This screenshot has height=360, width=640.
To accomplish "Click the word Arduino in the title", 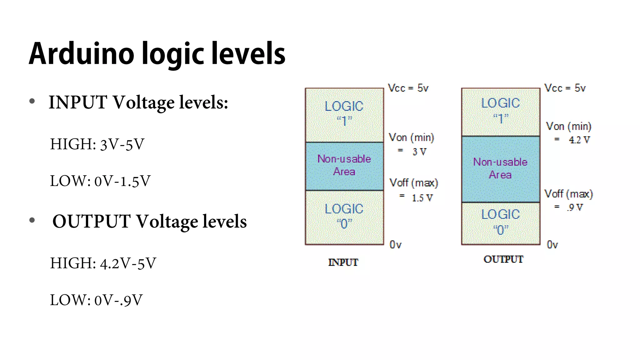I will tap(82, 54).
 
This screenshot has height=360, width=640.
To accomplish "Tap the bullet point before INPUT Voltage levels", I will tap(32, 101).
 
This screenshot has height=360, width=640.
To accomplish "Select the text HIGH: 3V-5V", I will tap(97, 144).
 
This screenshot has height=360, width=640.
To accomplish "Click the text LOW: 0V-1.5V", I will tap(100, 181).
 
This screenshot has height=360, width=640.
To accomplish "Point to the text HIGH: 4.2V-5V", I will tap(103, 263).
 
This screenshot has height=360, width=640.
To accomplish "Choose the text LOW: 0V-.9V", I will tap(96, 300).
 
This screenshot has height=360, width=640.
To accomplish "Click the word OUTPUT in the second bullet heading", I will tap(91, 222).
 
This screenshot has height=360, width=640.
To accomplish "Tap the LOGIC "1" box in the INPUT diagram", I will tap(344, 115).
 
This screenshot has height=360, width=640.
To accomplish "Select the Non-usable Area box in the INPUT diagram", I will tap(344, 166).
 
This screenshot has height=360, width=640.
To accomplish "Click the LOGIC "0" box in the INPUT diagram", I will tap(344, 217).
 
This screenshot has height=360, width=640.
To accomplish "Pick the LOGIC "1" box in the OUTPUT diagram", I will tap(501, 112).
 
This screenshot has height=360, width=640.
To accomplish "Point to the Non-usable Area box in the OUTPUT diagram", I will tap(501, 169).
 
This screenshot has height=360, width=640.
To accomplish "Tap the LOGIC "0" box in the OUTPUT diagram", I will tap(501, 223).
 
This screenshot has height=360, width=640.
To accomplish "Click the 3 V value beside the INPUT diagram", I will tap(419, 152).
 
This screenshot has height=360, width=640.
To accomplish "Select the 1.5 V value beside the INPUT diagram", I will tap(422, 198).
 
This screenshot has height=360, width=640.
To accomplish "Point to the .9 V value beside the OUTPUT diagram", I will tap(575, 207).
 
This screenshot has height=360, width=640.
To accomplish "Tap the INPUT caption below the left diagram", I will tap(343, 262).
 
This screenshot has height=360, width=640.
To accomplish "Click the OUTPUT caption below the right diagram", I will tap(503, 259).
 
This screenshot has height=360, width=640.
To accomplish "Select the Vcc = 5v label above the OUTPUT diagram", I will tap(565, 88).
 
